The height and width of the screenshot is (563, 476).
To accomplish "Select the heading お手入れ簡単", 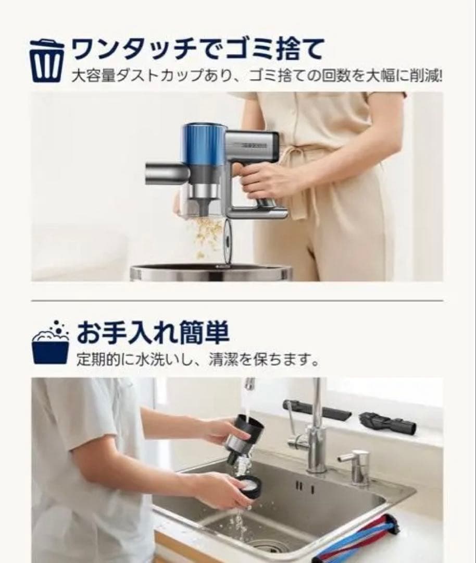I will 153,333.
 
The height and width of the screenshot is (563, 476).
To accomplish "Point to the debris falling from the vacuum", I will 207,235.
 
